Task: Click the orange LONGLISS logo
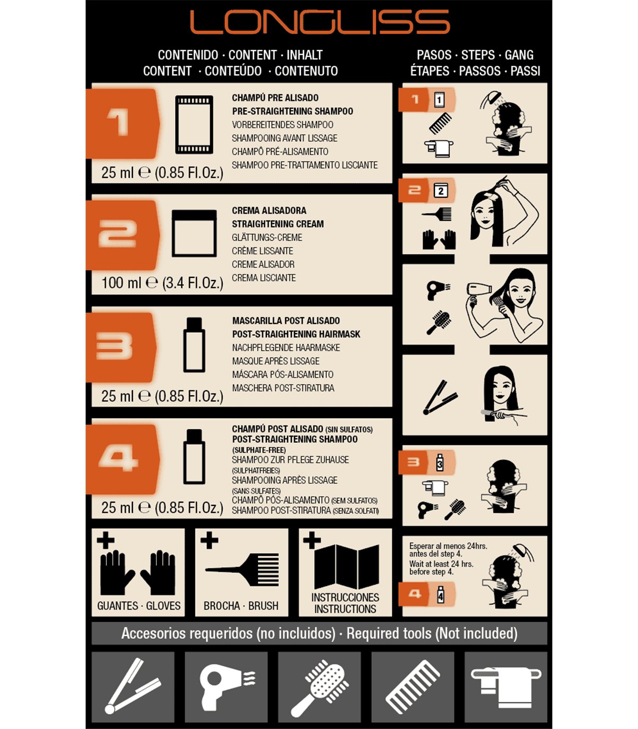320,22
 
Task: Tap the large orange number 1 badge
122,123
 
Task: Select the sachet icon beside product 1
194,125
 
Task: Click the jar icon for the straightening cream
194,233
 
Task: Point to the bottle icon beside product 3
194,345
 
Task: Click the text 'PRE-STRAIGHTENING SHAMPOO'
292,111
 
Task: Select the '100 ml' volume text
122,283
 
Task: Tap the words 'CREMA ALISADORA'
269,210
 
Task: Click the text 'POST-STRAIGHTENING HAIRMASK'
296,334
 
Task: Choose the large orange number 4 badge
122,459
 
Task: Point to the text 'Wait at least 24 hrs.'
441,564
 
